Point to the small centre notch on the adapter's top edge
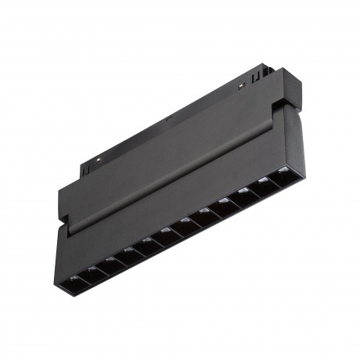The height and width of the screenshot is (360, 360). [167, 120]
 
